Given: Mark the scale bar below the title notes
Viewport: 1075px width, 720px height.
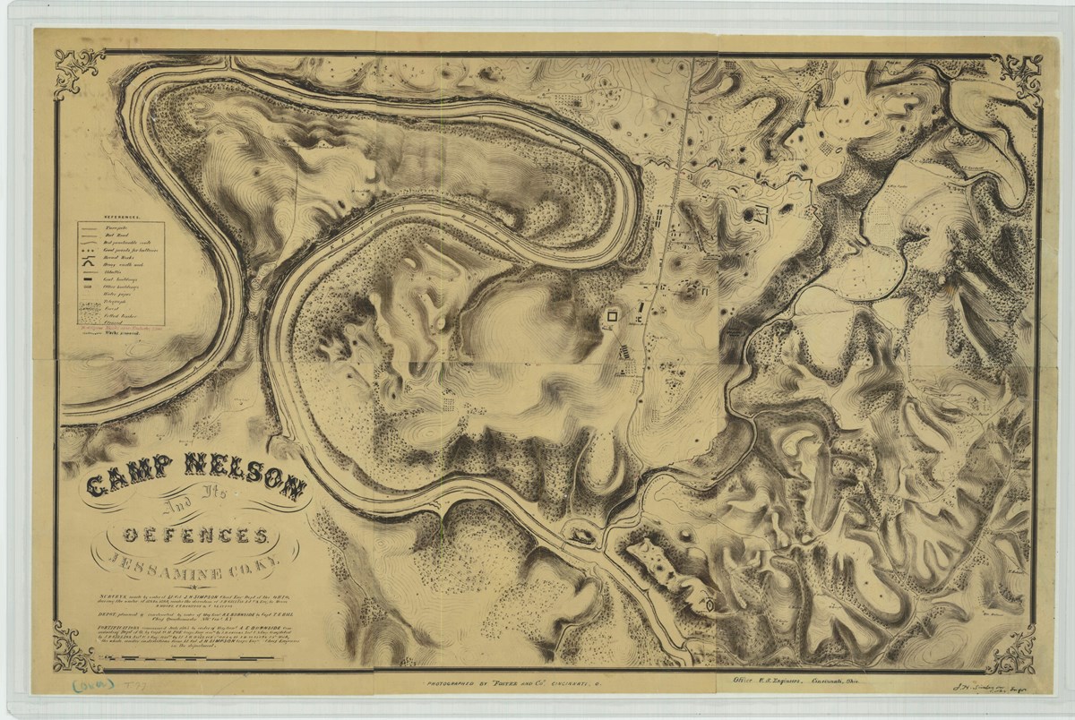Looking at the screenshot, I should (x=206, y=660).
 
